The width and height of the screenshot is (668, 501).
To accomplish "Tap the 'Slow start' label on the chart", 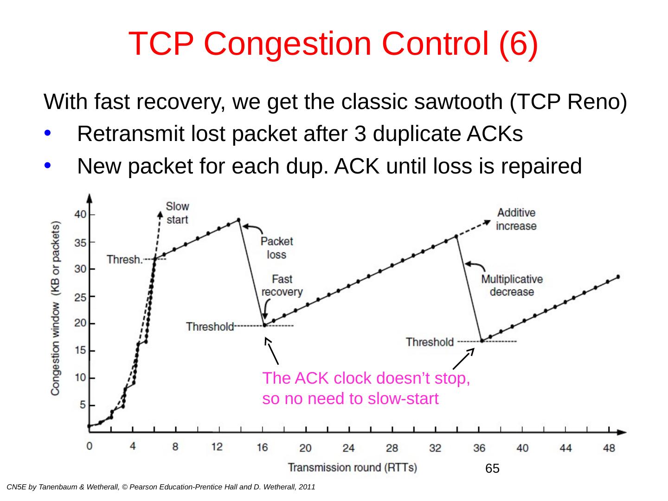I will (177, 212).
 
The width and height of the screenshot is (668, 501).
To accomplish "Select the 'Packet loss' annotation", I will (276, 248).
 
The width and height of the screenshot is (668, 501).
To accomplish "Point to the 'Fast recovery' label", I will (282, 285).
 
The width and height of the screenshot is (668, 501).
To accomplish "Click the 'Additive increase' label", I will (516, 219).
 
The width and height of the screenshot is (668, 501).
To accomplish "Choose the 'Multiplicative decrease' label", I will (512, 285).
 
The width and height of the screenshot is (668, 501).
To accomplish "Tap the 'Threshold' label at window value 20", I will (210, 327).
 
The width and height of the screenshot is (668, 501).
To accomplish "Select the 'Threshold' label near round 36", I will (430, 342).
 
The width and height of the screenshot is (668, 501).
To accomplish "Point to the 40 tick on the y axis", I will (81, 214).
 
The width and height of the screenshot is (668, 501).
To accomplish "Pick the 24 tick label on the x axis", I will (348, 448).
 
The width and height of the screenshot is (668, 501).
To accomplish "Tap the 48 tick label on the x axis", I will (609, 448).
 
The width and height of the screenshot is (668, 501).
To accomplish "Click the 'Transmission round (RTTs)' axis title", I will (352, 467).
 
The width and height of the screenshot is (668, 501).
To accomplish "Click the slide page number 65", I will (492, 469).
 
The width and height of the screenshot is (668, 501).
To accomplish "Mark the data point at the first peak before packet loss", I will (238, 220).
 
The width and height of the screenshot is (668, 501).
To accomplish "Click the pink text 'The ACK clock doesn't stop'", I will (366, 379).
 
